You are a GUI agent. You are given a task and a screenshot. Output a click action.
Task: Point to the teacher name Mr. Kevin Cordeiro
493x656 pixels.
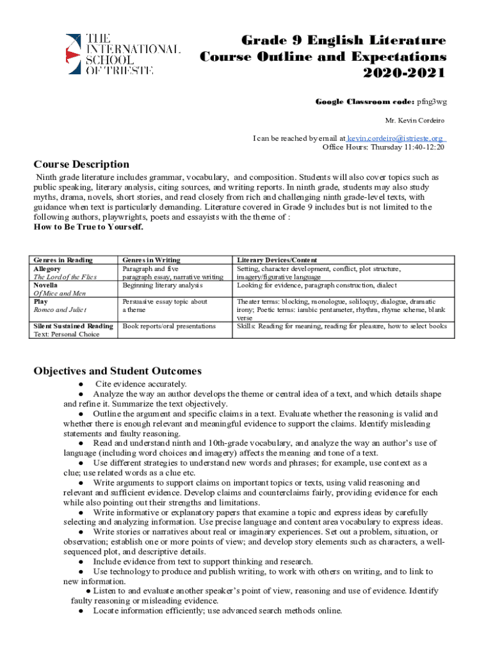point(414,120)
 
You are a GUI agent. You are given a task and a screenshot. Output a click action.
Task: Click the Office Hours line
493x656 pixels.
point(383,147)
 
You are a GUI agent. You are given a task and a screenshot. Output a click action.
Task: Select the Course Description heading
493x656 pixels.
point(81,165)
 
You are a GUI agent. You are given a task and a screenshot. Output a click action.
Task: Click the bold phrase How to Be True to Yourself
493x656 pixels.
point(88,227)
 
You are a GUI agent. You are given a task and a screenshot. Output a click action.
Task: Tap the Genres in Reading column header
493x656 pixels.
point(63,259)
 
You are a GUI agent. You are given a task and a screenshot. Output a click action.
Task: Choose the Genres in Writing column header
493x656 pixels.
point(151,259)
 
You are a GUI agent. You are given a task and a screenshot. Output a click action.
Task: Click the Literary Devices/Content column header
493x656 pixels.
point(277,259)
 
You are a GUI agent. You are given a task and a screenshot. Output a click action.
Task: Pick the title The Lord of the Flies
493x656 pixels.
point(66,277)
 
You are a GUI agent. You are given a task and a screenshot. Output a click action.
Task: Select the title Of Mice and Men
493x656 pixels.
point(60,293)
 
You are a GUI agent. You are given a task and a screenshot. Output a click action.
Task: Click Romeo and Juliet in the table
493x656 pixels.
point(60,310)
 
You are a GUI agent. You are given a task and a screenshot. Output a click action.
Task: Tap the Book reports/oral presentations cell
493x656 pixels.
point(169,326)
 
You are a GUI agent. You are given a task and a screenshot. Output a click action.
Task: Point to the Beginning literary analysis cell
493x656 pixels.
point(162,285)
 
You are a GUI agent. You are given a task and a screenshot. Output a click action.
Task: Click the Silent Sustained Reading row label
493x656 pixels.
point(73,326)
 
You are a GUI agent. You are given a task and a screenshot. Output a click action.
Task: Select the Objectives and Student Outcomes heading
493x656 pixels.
point(117,371)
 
